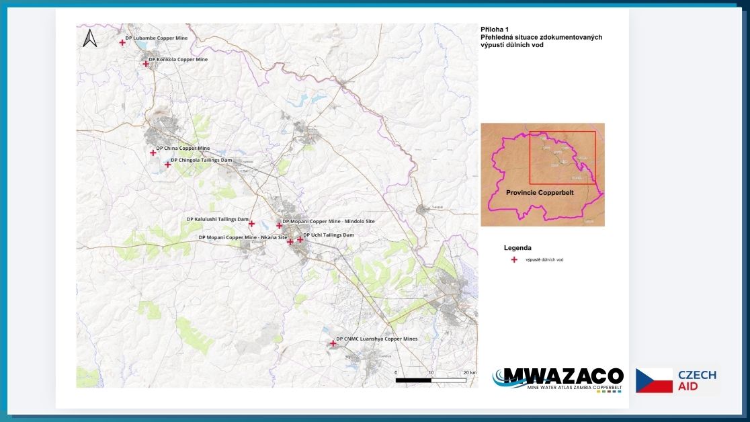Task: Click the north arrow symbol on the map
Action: click(90, 39)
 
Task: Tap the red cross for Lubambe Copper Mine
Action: click(122, 42)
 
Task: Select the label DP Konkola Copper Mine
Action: click(178, 60)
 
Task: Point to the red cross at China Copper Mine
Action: click(153, 153)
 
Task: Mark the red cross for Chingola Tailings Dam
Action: click(168, 165)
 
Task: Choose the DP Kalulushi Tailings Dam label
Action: click(218, 219)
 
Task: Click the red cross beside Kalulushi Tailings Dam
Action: click(252, 224)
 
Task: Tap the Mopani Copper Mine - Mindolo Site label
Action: click(329, 221)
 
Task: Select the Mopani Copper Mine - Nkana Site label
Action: click(243, 238)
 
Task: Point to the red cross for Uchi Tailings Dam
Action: click(300, 239)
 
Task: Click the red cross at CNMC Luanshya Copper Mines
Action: click(333, 343)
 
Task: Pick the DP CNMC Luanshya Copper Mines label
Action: click(376, 339)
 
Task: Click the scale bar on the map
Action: click(430, 380)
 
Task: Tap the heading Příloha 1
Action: click(495, 30)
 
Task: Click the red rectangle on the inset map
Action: click(562, 157)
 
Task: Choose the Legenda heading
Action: click(517, 248)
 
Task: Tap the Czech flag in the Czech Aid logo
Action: click(654, 380)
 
